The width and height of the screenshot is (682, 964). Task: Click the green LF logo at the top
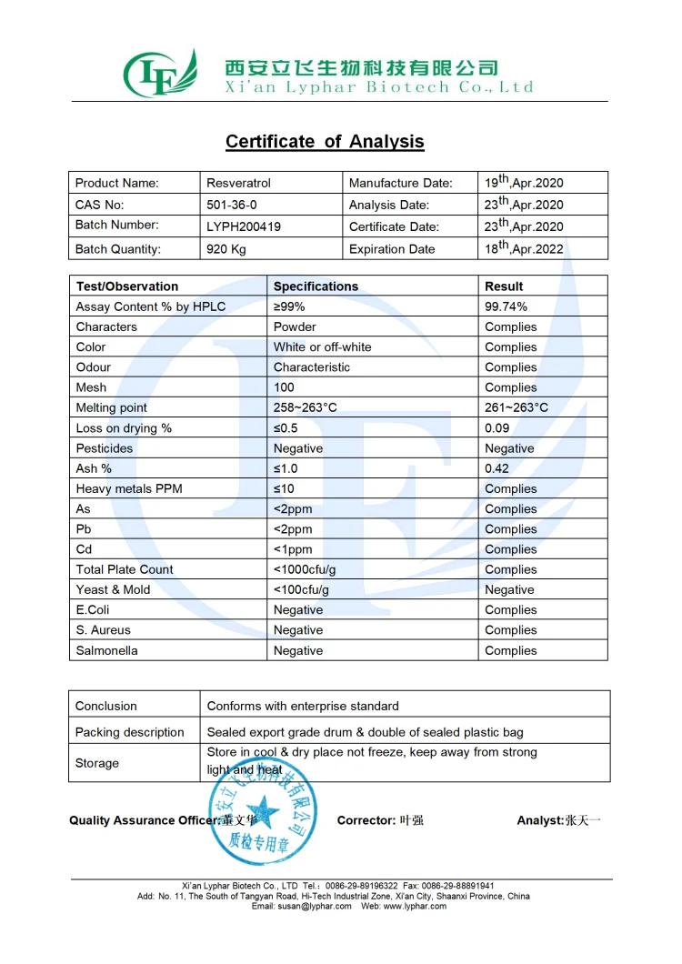pyautogui.click(x=160, y=74)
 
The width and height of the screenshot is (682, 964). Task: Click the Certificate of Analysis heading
pyautogui.click(x=325, y=142)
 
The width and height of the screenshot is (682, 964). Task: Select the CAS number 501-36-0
pyautogui.click(x=238, y=206)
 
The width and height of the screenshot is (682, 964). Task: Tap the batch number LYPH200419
pyautogui.click(x=245, y=226)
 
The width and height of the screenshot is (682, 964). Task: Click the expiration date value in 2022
pyautogui.click(x=524, y=248)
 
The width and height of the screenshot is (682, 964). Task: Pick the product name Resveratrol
pyautogui.click(x=239, y=183)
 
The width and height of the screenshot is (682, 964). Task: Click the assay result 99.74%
pyautogui.click(x=506, y=306)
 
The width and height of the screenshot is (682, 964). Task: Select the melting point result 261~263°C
pyautogui.click(x=517, y=407)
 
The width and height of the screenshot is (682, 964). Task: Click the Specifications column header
pyautogui.click(x=316, y=286)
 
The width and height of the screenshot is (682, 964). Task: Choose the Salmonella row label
pyautogui.click(x=108, y=650)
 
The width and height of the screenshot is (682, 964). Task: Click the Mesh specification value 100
pyautogui.click(x=284, y=387)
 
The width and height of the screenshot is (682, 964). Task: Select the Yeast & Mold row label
pyautogui.click(x=113, y=589)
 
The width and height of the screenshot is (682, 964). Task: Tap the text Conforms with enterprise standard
pyautogui.click(x=303, y=706)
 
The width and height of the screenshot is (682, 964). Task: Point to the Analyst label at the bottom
pyautogui.click(x=540, y=820)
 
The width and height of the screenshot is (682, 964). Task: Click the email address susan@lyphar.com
pyautogui.click(x=302, y=906)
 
